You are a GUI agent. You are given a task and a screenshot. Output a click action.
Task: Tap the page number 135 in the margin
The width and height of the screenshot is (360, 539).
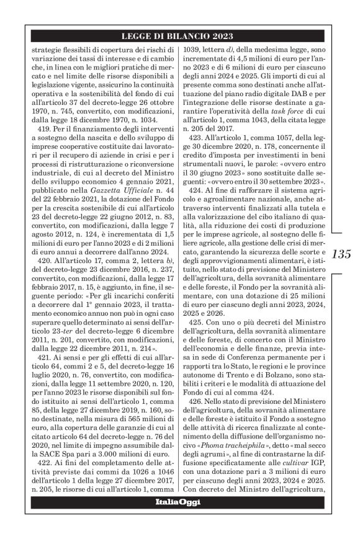[x=342, y=254]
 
